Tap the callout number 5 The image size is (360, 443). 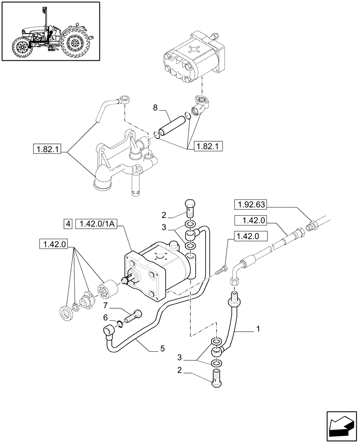coord(163,349)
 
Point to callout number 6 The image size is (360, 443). coord(106,317)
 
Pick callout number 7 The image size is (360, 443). coord(106,306)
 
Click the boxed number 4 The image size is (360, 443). coord(67,224)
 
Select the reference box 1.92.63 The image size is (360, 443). coord(254,205)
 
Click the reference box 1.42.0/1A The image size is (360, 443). coord(96,224)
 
